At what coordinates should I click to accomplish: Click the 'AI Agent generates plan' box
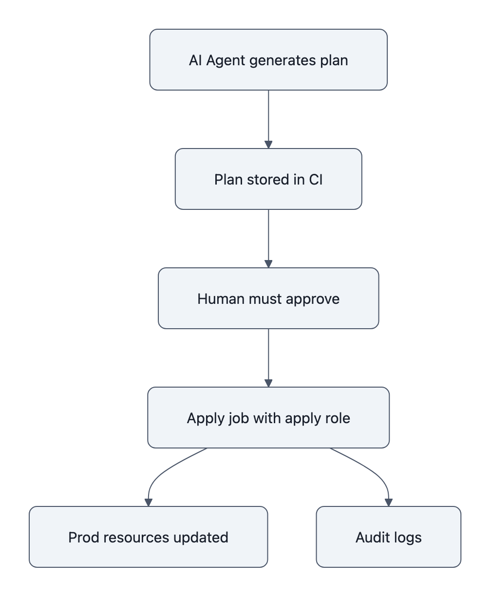(268, 60)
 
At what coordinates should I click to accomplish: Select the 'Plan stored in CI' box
(268, 179)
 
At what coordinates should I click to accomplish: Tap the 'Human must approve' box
(268, 298)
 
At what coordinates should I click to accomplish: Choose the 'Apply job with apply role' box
(268, 418)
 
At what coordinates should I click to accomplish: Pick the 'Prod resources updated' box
(148, 537)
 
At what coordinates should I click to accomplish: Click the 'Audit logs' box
(388, 537)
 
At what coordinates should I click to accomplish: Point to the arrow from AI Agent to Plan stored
(268, 119)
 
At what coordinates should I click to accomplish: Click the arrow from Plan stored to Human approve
(268, 238)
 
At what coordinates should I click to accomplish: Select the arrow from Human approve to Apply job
(268, 357)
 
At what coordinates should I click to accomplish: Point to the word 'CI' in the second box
(316, 180)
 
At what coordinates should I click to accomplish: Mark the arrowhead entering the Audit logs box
(388, 502)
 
